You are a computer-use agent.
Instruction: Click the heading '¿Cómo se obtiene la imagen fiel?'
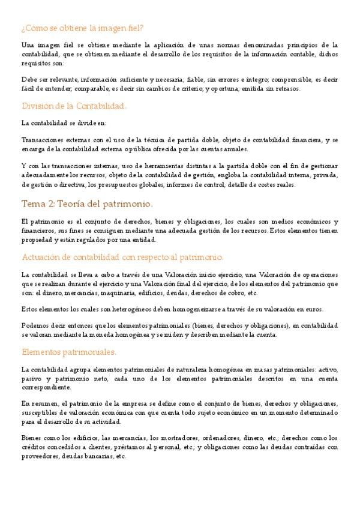[x=82, y=28]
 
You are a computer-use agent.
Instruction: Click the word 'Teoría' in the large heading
[x=76, y=203]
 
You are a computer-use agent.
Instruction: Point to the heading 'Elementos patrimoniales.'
[x=69, y=351]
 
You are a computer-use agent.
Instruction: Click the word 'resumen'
[x=43, y=403]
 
